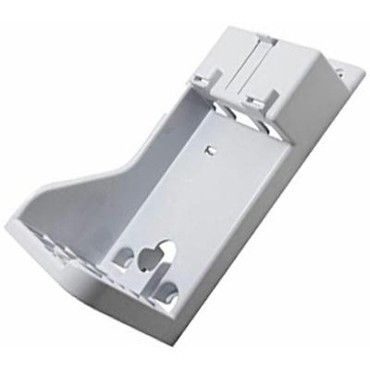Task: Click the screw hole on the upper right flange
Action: [x=338, y=69]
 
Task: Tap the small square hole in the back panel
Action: [x=209, y=148]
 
